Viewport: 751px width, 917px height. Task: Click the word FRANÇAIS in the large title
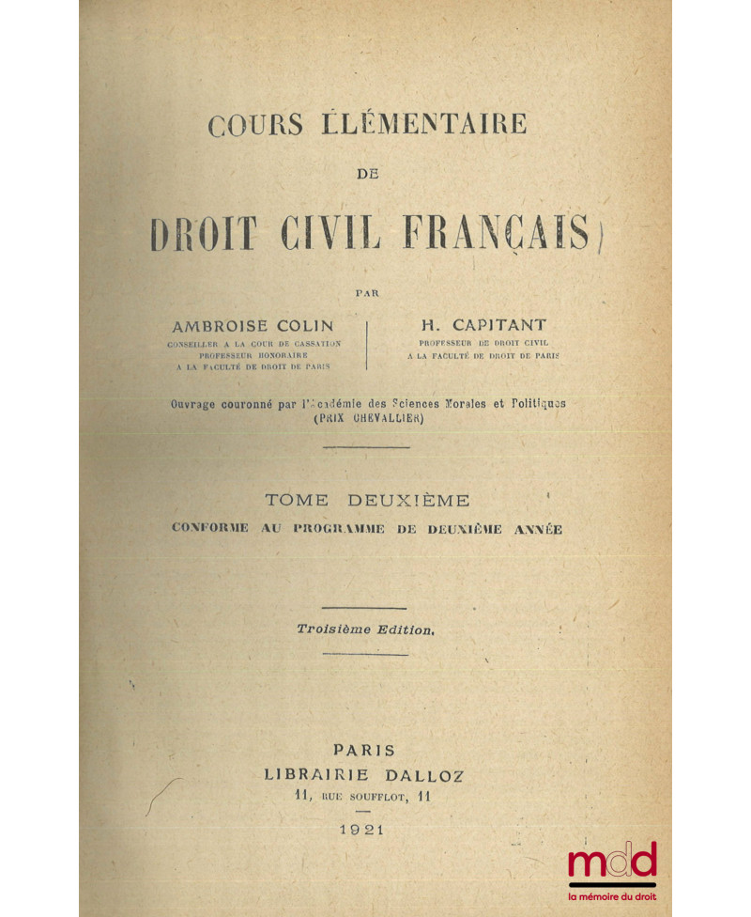[495, 233]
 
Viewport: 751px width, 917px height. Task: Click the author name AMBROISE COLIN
[253, 326]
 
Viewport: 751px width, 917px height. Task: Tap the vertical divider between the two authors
[366, 345]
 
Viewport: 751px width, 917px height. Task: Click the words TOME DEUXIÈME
[363, 501]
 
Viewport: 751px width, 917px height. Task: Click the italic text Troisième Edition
[365, 630]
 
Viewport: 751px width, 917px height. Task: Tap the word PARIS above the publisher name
[364, 751]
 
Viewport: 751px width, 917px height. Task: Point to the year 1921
[365, 832]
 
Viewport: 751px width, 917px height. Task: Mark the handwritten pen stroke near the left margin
[161, 798]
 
